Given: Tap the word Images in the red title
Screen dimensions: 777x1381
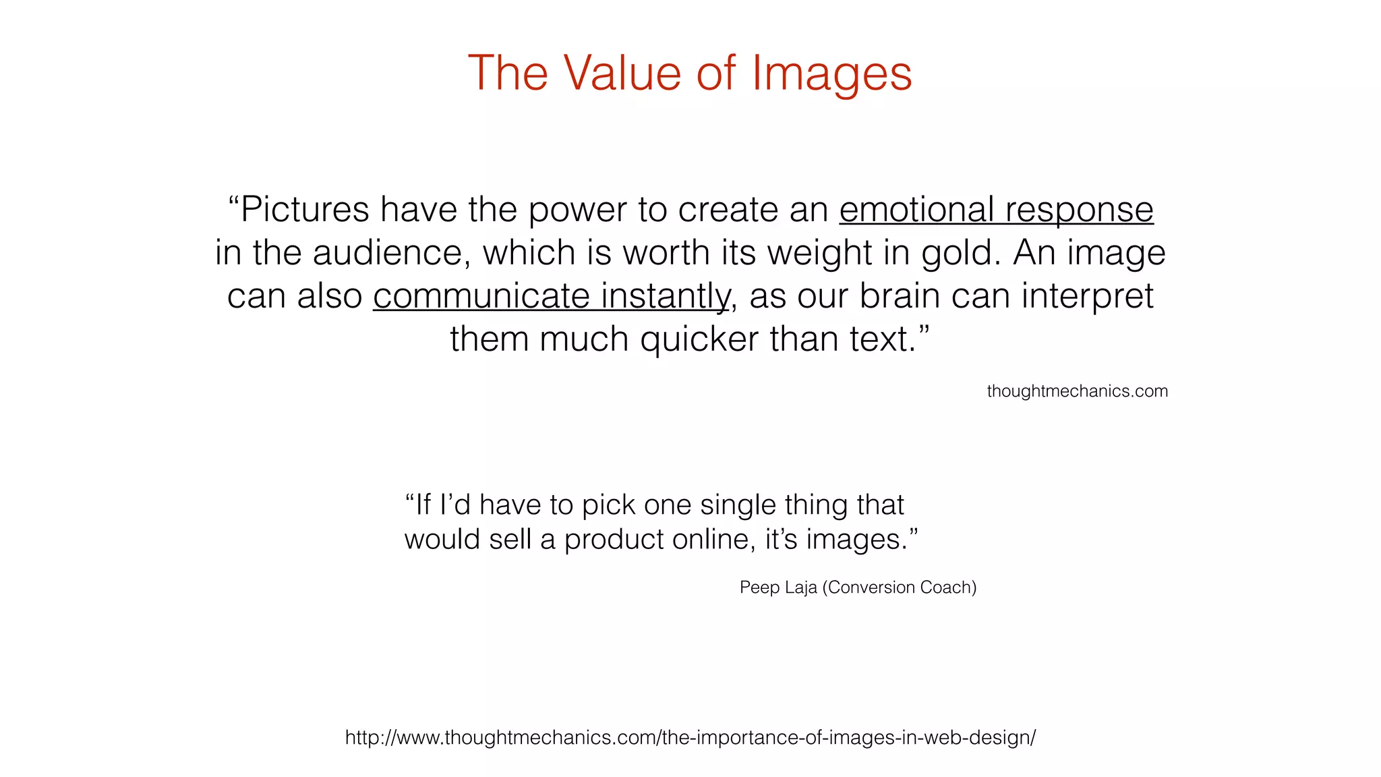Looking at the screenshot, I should (x=831, y=74).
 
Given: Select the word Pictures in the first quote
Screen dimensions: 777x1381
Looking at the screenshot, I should (x=305, y=210).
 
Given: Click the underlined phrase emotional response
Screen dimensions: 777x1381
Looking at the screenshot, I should (x=996, y=210).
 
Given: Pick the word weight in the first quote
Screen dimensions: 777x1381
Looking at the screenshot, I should (x=819, y=254).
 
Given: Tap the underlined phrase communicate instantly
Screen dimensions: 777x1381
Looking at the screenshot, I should (x=551, y=297).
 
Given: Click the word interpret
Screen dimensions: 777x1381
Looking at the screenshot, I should (x=1087, y=297).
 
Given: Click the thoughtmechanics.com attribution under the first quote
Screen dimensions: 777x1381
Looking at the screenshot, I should (x=1077, y=391).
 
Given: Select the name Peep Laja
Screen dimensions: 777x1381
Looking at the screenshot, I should (x=777, y=587).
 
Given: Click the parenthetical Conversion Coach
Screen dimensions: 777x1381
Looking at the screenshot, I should (x=900, y=587).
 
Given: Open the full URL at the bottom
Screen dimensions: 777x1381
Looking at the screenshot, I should (x=690, y=737).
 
